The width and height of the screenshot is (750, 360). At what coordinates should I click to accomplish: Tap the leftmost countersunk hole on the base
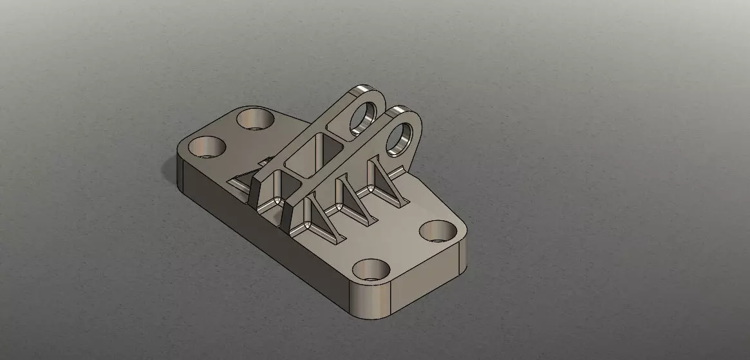pos(206,147)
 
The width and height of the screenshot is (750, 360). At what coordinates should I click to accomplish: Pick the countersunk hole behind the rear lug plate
pos(254,118)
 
